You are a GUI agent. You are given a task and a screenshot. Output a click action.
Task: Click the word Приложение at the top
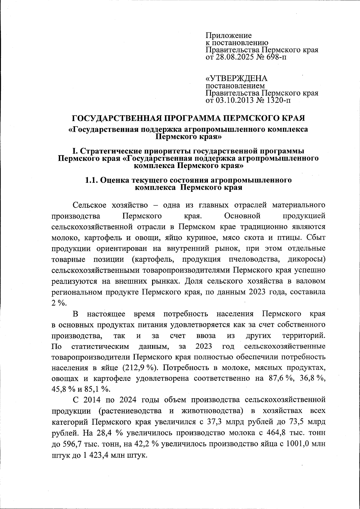tap(229, 36)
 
